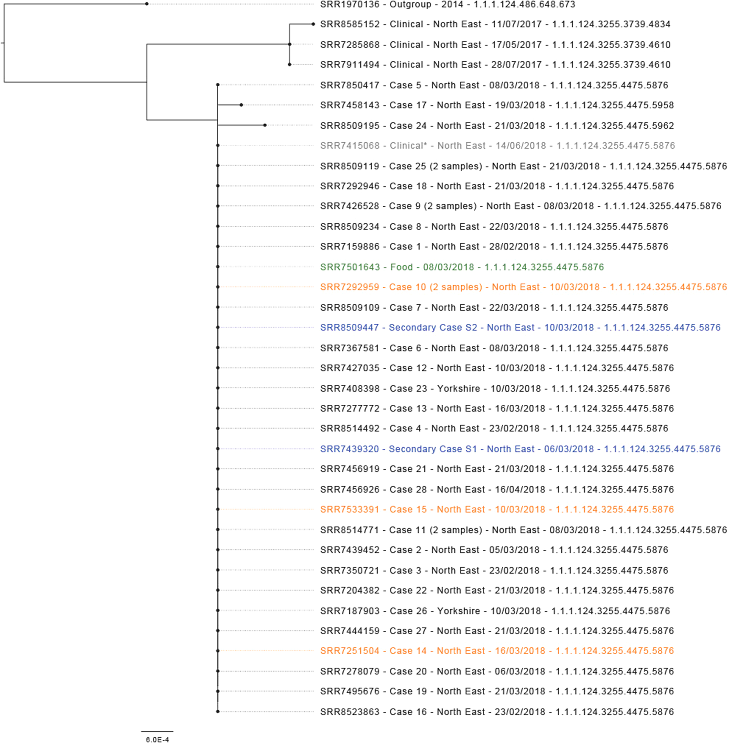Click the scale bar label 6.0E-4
pos(157,739)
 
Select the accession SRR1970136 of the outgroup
pos(350,5)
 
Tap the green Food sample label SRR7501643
pos(462,267)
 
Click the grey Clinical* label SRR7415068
pos(497,146)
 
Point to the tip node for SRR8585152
pos(313,24)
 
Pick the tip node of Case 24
pos(265,125)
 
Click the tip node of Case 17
pos(241,105)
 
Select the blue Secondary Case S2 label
pos(520,327)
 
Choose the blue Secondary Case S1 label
pos(520,449)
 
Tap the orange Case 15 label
pos(497,509)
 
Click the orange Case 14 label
pos(497,651)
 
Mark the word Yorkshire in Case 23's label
pos(458,388)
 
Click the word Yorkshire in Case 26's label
pos(458,611)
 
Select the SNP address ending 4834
pos(611,24)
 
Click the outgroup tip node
pos(147,4)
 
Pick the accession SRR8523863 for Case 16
pos(350,712)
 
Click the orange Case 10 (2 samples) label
pos(523,287)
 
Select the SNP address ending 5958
pos(614,105)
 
